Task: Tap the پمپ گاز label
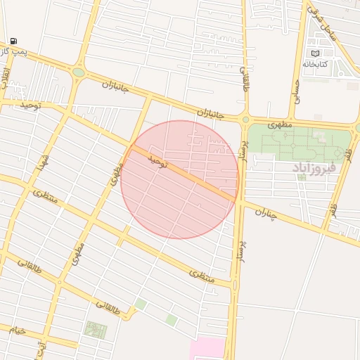13,52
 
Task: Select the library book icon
315,53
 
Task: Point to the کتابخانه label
316,64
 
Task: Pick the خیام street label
17,329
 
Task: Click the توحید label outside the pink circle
31,105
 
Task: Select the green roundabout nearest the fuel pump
78,72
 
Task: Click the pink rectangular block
207,348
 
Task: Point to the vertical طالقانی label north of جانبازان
245,79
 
